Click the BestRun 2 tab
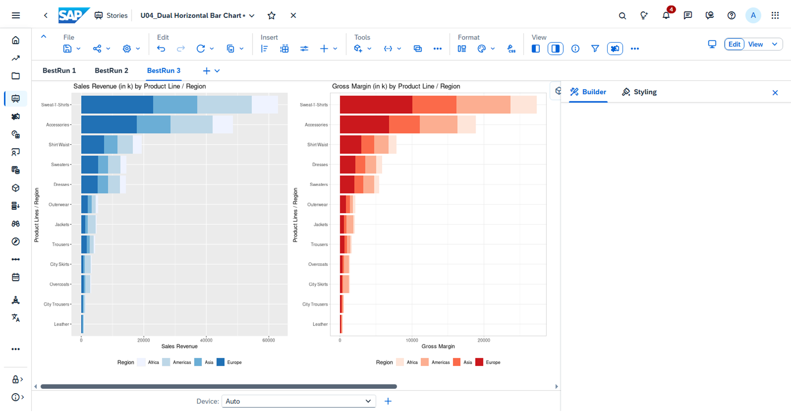tap(111, 70)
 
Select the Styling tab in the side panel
tap(639, 92)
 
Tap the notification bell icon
tap(666, 15)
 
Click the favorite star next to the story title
tap(271, 15)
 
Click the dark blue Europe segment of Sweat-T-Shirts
tap(117, 105)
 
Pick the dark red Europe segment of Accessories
tap(364, 125)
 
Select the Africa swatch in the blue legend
tap(141, 362)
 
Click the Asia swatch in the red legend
tap(457, 362)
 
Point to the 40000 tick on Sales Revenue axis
tap(206, 340)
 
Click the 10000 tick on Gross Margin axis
tap(412, 340)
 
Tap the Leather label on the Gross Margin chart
tap(320, 324)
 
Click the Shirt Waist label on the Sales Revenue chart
tap(59, 144)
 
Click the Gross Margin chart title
tap(396, 86)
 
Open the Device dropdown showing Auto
tap(299, 401)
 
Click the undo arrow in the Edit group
tap(161, 48)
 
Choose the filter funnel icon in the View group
tap(595, 48)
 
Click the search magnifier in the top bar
tap(622, 15)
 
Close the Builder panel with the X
tap(775, 92)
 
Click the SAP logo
tap(74, 15)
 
